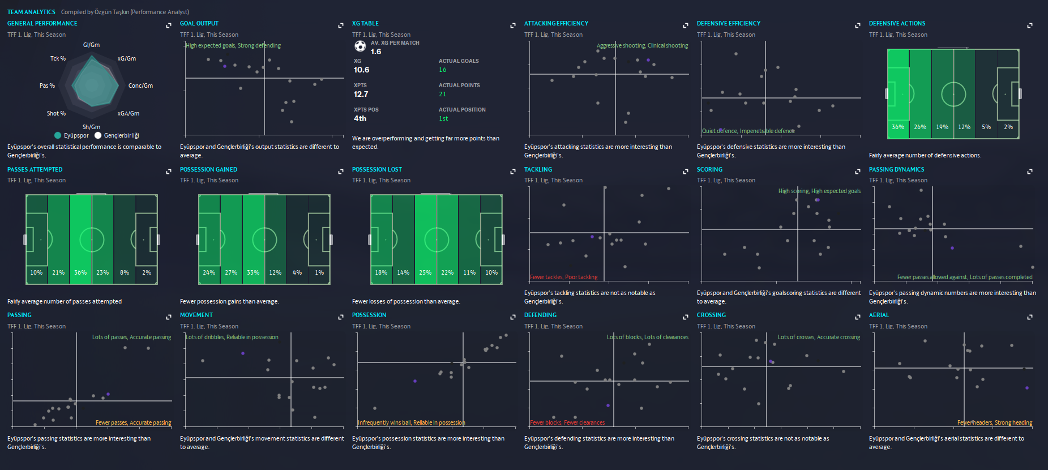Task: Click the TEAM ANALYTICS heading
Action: [31, 12]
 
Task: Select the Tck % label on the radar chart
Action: [58, 58]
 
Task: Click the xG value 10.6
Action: [361, 70]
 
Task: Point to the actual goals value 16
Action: [442, 70]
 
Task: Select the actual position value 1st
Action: [443, 119]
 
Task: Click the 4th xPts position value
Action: [360, 119]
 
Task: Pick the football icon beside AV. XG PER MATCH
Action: [360, 46]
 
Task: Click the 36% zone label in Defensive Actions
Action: [898, 127]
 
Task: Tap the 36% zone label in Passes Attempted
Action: [80, 273]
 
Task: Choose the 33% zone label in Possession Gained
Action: [253, 273]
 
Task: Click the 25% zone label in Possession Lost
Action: [425, 273]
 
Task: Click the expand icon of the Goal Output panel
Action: [341, 25]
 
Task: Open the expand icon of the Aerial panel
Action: [1030, 317]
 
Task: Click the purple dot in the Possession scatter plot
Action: [415, 381]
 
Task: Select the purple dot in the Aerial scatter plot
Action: [1027, 388]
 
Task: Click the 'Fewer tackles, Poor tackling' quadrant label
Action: [564, 277]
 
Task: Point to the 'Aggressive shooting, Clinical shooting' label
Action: [642, 46]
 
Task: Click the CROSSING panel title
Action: [711, 315]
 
